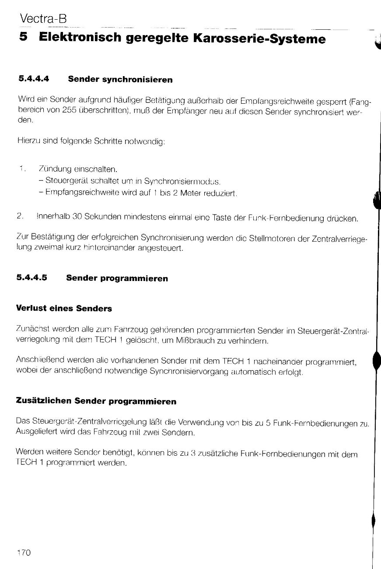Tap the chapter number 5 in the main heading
(24, 39)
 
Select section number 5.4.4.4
(34, 79)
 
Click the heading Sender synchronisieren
(120, 80)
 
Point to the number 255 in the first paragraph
(70, 111)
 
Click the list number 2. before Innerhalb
(20, 216)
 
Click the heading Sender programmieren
(117, 278)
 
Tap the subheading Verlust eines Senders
(64, 308)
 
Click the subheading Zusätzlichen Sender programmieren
(96, 401)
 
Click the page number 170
(24, 552)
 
